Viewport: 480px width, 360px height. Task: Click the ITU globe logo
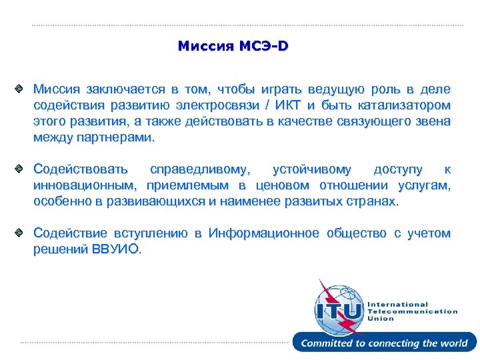[x=339, y=307]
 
